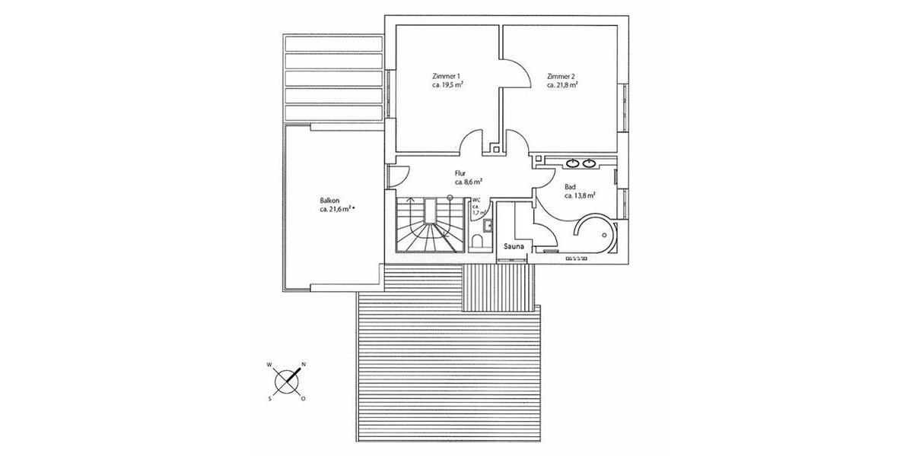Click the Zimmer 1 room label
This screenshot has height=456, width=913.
[445, 76]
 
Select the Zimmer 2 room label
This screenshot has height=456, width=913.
[561, 76]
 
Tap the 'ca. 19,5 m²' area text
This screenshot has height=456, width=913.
[447, 85]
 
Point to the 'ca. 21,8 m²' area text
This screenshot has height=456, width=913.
[562, 85]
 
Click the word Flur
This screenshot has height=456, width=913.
[462, 174]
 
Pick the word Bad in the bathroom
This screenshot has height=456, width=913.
[570, 186]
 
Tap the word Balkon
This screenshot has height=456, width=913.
[330, 201]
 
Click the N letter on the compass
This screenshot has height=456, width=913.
[304, 365]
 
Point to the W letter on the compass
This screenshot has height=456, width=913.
[269, 365]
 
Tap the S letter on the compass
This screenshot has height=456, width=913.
[269, 398]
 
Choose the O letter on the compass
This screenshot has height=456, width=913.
[304, 398]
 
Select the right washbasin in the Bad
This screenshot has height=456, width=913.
[590, 162]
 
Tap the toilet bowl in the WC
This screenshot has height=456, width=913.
[477, 242]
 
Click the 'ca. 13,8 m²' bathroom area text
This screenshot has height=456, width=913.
[579, 195]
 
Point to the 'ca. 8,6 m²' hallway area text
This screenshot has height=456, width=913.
[469, 182]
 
